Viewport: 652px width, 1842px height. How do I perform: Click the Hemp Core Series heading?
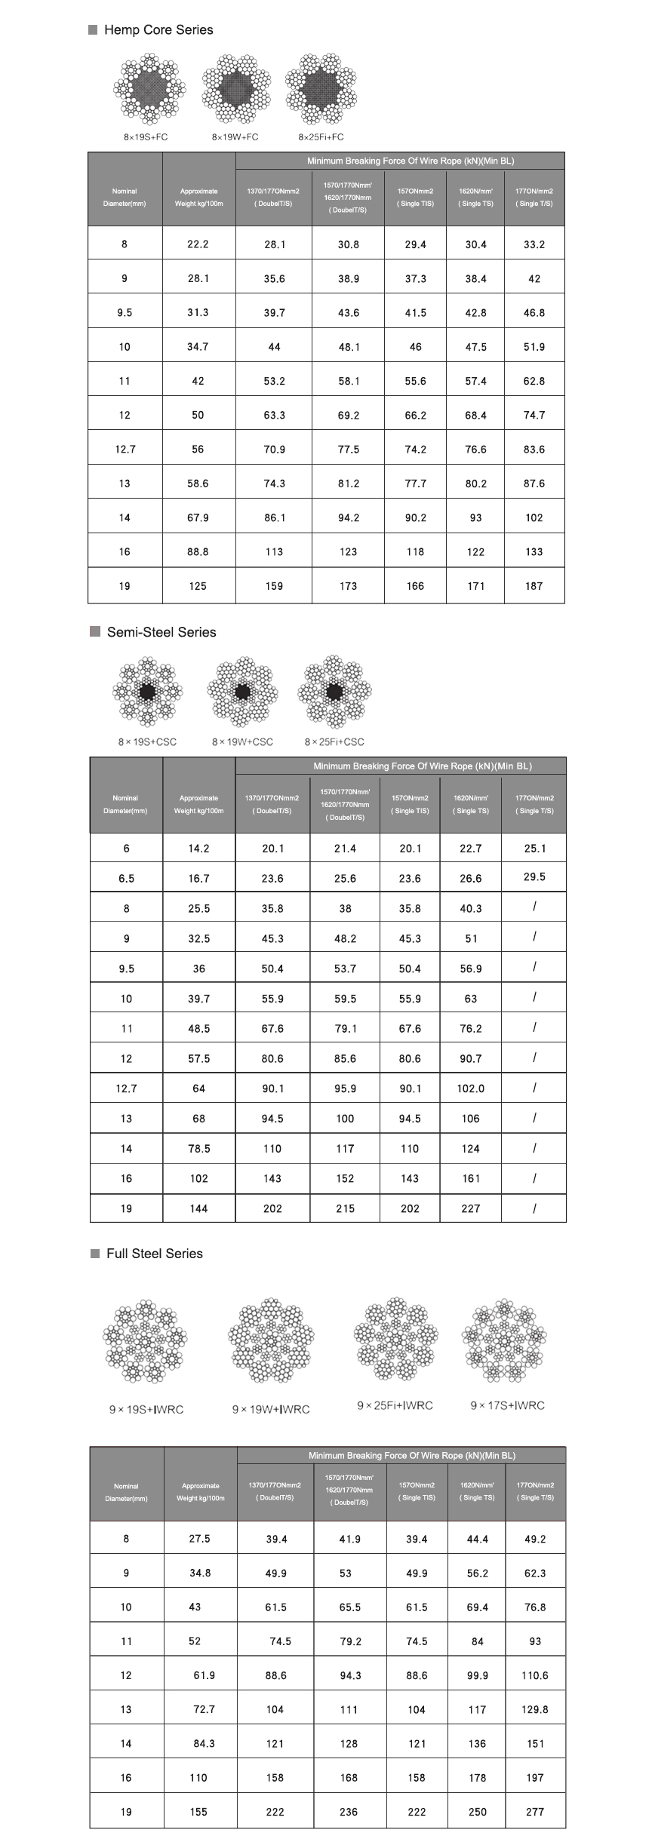click(x=158, y=30)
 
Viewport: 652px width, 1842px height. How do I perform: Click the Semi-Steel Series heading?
click(x=161, y=632)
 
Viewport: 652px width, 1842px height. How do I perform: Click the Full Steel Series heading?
click(x=154, y=1253)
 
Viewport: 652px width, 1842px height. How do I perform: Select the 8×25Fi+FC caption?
click(x=321, y=137)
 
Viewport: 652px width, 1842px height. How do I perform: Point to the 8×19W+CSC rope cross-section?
click(x=242, y=692)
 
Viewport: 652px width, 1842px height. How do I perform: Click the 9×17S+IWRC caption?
click(x=507, y=1405)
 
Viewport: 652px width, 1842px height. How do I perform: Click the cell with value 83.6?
click(x=534, y=450)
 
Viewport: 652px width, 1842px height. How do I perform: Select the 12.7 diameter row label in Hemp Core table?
click(x=125, y=450)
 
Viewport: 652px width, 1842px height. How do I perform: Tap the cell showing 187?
click(x=534, y=586)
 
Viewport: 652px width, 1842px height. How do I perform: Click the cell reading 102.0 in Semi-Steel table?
click(x=471, y=1088)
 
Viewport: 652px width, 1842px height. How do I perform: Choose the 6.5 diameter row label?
click(x=126, y=879)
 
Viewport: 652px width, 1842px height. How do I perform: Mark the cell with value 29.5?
click(x=534, y=877)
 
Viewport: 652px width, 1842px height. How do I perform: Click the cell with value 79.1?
click(x=345, y=1029)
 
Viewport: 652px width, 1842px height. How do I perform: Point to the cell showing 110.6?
click(x=534, y=1675)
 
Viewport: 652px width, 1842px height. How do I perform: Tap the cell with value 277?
click(x=535, y=1811)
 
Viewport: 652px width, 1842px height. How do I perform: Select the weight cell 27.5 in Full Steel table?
click(x=199, y=1539)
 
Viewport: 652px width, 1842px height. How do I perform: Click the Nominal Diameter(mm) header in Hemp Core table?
click(x=125, y=197)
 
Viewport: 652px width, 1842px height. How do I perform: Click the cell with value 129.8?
click(x=534, y=1709)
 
